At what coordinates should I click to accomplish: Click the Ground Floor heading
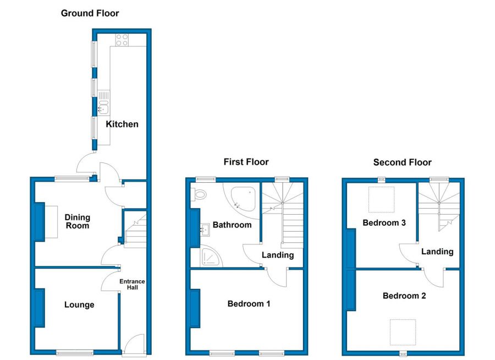click(90, 13)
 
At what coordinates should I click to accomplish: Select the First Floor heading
click(246, 162)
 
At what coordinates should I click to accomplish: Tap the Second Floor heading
click(402, 162)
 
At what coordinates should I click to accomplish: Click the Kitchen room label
click(122, 124)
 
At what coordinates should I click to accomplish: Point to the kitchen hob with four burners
click(122, 40)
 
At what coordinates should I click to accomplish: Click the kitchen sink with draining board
click(103, 103)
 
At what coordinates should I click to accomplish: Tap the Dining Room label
click(78, 222)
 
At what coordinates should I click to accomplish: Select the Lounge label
click(79, 305)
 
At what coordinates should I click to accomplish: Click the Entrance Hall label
click(132, 285)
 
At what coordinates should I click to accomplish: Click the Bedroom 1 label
click(249, 304)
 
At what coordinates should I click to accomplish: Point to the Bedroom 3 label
click(384, 223)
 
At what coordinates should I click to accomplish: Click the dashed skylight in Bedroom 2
click(403, 332)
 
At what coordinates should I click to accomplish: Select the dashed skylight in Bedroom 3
click(382, 199)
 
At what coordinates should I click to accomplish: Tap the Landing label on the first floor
click(278, 255)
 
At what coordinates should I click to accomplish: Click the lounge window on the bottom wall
click(75, 352)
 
